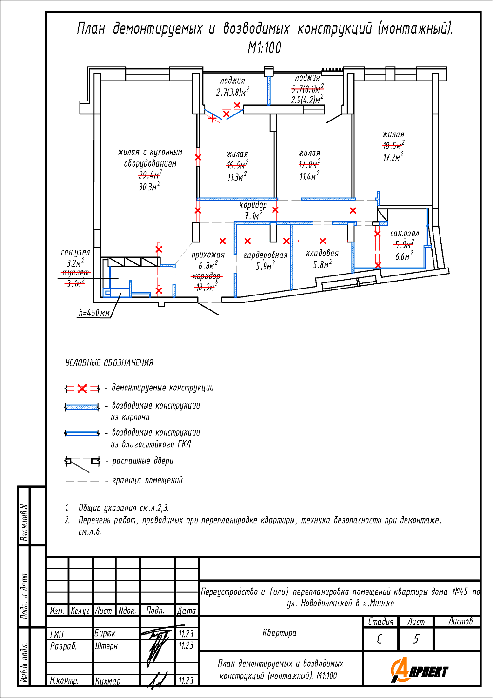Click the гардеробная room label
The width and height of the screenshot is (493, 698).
click(266, 255)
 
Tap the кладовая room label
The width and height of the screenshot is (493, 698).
click(322, 253)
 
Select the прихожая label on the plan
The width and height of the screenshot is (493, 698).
click(208, 255)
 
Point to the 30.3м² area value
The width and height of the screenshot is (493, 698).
click(149, 187)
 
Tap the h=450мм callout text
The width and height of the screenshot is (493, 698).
click(94, 313)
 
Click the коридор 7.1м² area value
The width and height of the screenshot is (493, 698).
click(253, 216)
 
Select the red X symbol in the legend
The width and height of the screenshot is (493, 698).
click(82, 389)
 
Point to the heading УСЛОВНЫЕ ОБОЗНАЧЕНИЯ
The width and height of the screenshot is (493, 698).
click(109, 363)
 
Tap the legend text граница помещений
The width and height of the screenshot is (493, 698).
click(147, 480)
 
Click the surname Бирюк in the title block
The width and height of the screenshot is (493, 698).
click(105, 633)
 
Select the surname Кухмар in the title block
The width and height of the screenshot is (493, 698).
click(107, 681)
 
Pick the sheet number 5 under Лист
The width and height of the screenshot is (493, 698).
click(416, 639)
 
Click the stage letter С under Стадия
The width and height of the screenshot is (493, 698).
click(380, 639)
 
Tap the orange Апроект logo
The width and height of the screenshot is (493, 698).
click(420, 671)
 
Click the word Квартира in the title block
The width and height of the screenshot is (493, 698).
click(280, 633)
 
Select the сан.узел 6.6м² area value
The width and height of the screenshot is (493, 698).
click(404, 256)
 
